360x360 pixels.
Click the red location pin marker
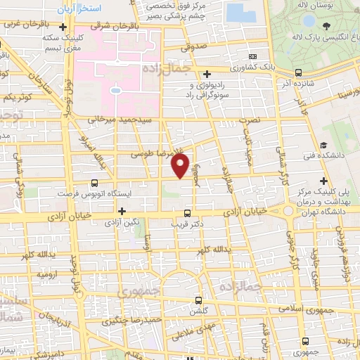coord(181,166)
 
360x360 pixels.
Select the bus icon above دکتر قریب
coord(187,212)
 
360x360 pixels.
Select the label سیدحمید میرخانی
coord(120,120)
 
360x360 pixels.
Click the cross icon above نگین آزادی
coord(122,210)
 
